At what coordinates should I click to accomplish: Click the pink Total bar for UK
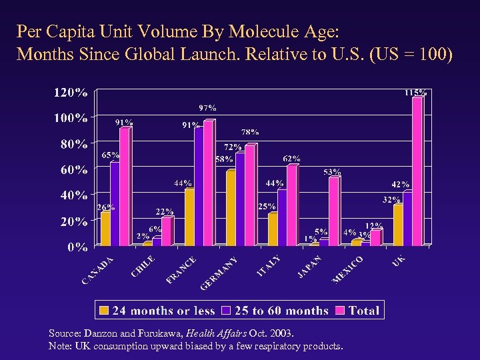(417, 172)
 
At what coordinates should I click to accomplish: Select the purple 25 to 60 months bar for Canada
(115, 204)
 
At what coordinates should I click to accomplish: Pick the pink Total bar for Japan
(333, 211)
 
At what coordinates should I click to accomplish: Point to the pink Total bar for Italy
(291, 205)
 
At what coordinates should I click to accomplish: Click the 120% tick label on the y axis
(70, 93)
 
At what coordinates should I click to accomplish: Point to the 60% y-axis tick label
(73, 170)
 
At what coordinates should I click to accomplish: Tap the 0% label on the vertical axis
(77, 247)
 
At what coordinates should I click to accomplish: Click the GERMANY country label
(219, 273)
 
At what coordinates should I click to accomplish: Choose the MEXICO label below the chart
(347, 269)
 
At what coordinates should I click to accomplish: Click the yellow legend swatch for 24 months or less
(104, 310)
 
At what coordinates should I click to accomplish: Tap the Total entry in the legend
(363, 310)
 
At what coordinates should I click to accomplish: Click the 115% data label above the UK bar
(416, 93)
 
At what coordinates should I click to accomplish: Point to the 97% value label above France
(207, 107)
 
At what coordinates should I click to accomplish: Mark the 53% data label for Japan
(332, 172)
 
